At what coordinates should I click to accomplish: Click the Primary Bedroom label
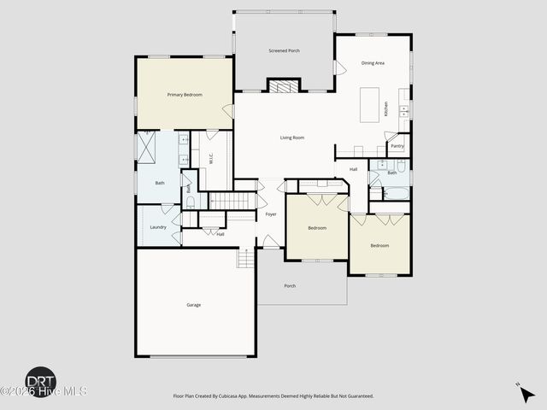pos(185,95)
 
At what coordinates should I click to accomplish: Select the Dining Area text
pos(373,62)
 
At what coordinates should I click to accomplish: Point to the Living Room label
pos(292,138)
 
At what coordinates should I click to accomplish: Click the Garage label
pos(194,305)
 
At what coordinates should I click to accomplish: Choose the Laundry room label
pos(158,227)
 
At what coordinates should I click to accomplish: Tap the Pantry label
pos(397,146)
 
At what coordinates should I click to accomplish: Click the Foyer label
pos(271,214)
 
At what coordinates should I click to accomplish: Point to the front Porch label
pos(290,286)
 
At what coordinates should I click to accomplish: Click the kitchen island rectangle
pos(369,104)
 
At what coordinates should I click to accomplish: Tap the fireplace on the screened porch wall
pos(285,85)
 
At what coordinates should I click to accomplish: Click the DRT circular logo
pos(40,380)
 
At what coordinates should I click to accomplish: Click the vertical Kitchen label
pos(386,109)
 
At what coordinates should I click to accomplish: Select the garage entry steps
pos(246,258)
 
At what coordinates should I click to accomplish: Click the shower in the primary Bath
pos(148,148)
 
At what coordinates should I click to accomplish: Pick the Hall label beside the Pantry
pos(353,169)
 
